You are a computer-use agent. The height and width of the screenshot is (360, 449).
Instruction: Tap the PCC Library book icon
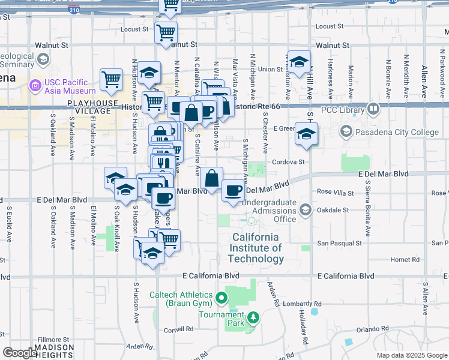point(374,109)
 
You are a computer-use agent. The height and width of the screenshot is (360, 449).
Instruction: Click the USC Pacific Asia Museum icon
point(35,86)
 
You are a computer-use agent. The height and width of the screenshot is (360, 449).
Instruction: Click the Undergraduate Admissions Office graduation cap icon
point(306,209)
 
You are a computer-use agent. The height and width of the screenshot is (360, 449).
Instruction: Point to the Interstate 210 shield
point(73,10)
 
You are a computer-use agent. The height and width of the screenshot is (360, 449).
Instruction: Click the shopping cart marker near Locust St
point(166,32)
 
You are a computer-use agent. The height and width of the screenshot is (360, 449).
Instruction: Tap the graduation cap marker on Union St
point(300,60)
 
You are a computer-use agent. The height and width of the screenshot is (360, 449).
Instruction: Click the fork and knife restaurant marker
point(162,161)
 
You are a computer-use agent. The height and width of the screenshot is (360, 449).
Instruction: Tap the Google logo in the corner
point(20,353)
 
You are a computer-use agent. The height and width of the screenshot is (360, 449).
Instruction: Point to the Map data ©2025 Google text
point(412,355)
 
